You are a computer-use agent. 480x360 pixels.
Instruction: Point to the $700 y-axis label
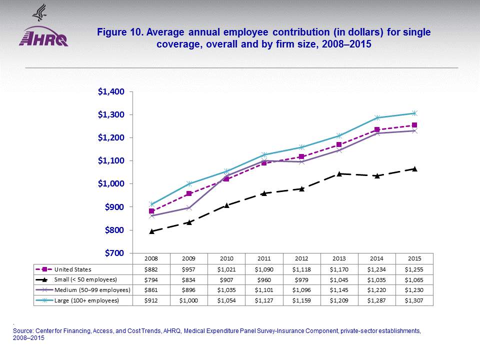pos(114,253)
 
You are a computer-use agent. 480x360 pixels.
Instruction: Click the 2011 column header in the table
pos(264,258)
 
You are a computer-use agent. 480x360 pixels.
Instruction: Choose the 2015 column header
pos(414,258)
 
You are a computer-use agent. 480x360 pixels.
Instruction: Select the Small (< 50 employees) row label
pos(85,279)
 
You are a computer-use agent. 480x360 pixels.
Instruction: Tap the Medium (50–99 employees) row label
pos(92,290)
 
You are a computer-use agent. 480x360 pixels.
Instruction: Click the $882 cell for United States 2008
pos(151,269)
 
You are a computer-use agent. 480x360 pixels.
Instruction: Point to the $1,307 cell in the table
pos(414,300)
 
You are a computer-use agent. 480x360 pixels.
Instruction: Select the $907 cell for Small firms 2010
pos(226,279)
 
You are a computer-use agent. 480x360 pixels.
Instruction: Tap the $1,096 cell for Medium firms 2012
pos(301,290)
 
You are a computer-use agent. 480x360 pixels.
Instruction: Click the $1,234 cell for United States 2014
pos(376,269)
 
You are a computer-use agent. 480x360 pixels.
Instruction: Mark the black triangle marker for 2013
pos(339,173)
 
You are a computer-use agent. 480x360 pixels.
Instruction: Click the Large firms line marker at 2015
pos(414,113)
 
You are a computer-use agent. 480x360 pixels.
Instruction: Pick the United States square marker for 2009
pos(189,193)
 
